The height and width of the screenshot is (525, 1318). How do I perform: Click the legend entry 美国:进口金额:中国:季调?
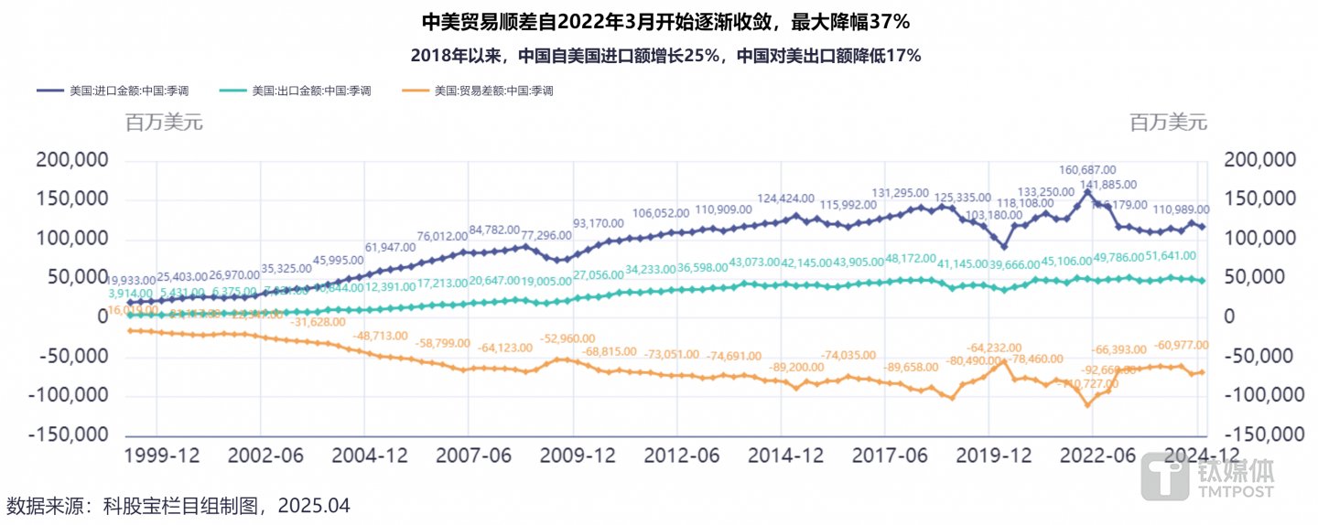127,91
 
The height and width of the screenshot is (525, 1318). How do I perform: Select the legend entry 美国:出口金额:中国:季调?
311,91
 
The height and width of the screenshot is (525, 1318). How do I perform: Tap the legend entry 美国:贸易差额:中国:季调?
493,91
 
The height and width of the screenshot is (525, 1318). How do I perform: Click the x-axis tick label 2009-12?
575,455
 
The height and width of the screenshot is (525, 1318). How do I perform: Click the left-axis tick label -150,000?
68,434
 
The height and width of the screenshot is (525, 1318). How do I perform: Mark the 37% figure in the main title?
884,20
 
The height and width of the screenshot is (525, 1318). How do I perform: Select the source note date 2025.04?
314,506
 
